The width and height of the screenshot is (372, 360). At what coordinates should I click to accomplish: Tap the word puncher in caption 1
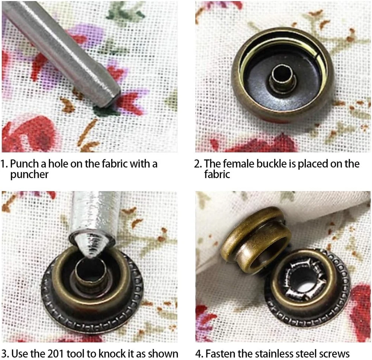click(x=29, y=175)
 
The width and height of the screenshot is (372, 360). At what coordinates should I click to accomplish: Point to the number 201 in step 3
click(x=56, y=354)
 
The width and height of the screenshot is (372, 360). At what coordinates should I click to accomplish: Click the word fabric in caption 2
click(x=217, y=174)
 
